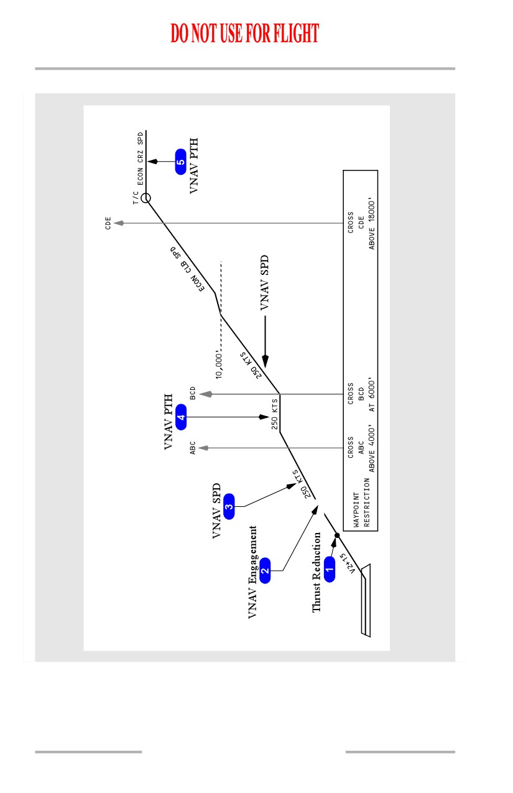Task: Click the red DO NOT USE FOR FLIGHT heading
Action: [x=244, y=33]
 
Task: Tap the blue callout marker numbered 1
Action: [x=330, y=569]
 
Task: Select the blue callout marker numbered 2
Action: [x=265, y=570]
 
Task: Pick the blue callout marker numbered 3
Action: [x=229, y=506]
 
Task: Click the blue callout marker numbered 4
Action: [x=181, y=417]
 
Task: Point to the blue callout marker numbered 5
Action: [x=181, y=162]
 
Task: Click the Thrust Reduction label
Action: [x=316, y=572]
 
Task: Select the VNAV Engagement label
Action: [x=252, y=572]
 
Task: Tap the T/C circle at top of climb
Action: [x=146, y=198]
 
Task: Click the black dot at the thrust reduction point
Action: [x=337, y=536]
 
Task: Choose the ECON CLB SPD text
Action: [x=188, y=269]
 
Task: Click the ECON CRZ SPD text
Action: [x=140, y=159]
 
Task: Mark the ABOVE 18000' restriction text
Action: [x=371, y=223]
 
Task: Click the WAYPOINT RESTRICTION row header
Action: [x=361, y=503]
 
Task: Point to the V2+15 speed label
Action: [x=347, y=563]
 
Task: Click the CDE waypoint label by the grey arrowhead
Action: [x=108, y=223]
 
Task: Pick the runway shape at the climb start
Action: [x=366, y=600]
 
